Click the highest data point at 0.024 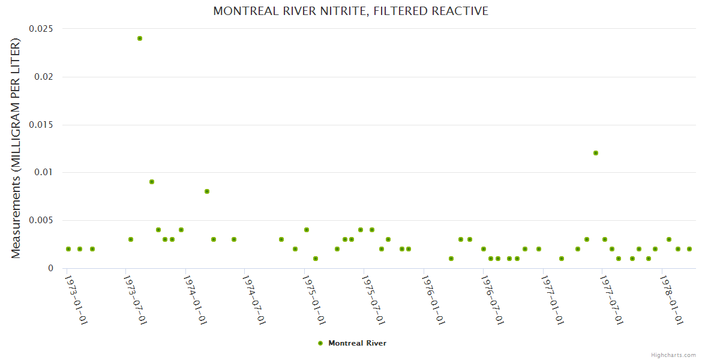pos(140,38)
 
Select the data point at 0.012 pos(596,153)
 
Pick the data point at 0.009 pos(152,182)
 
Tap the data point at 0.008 pos(207,191)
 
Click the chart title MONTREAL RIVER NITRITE pos(351,11)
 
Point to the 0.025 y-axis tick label pos(40,29)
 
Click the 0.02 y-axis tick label pos(43,77)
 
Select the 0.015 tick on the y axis pos(40,125)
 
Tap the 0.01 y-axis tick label pos(43,173)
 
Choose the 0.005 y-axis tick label pos(40,221)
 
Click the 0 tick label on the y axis pos(50,269)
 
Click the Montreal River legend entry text pos(357,343)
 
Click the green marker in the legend pos(320,343)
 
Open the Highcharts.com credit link pos(673,355)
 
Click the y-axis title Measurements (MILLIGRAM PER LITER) pos(16,149)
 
